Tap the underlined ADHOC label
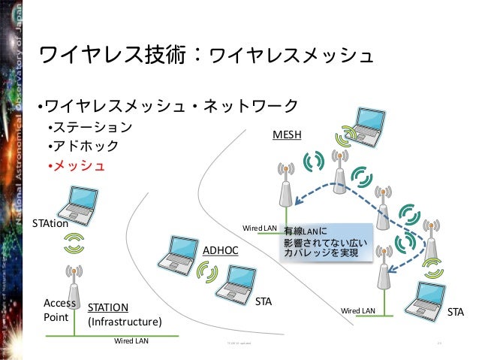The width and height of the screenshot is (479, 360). (x=221, y=248)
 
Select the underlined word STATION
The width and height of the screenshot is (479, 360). (x=108, y=307)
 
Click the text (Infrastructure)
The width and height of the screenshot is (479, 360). (x=125, y=322)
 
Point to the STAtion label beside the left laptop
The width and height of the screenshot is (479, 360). (x=50, y=222)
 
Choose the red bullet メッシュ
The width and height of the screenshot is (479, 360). (x=80, y=165)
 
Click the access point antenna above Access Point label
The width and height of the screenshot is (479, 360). (x=74, y=286)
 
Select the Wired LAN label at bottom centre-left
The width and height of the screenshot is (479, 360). (x=131, y=340)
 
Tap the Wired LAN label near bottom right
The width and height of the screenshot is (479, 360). (x=358, y=310)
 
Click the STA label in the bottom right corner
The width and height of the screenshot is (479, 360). (x=456, y=310)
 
